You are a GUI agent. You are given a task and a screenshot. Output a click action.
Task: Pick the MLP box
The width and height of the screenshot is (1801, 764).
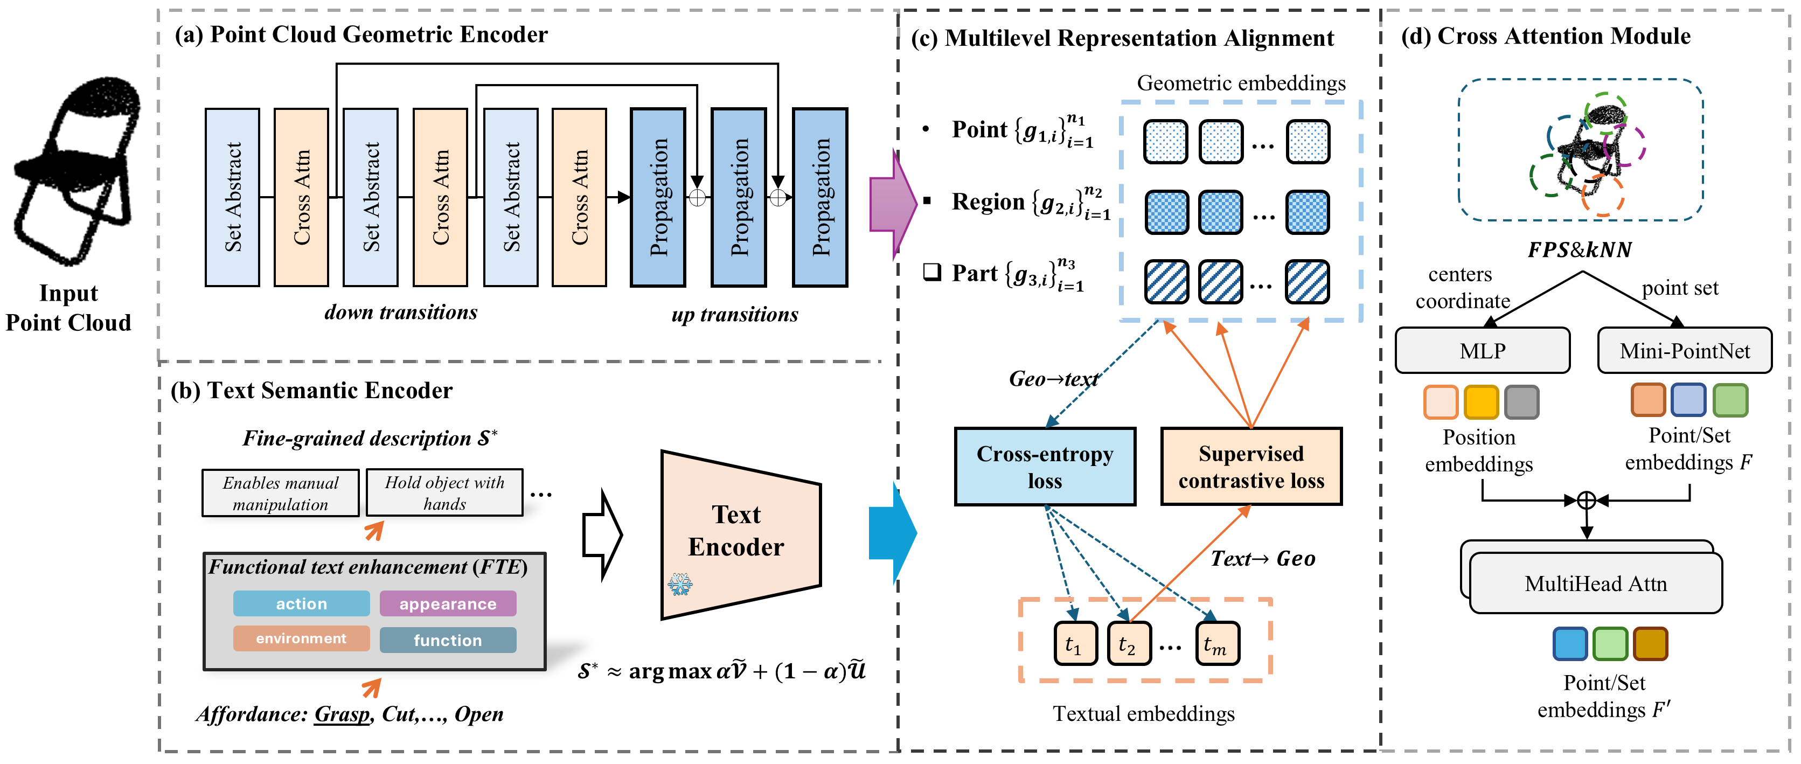pos(1482,351)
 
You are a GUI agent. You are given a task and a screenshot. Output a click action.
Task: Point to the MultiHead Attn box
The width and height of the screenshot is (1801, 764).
pos(1595,584)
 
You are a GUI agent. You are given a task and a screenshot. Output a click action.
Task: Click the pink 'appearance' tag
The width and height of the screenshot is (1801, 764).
pos(448,604)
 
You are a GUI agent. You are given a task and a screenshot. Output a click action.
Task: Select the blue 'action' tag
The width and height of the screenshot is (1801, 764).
pos(301,604)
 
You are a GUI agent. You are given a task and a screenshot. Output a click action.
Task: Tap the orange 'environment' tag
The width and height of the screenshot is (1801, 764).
pos(301,638)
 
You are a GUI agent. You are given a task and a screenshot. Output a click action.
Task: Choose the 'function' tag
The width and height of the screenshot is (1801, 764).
pos(448,640)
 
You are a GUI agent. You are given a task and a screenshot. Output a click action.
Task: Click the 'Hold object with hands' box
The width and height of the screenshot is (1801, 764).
pos(444,493)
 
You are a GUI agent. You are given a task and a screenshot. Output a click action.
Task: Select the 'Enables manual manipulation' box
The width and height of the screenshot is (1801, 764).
pos(280,494)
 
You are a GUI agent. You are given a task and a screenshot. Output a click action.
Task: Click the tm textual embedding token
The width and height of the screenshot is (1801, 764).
pos(1216,644)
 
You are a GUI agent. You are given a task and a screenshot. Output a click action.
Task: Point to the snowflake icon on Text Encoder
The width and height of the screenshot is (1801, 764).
pos(679,585)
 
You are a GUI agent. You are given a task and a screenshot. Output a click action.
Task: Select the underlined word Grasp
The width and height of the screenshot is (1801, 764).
pos(342,714)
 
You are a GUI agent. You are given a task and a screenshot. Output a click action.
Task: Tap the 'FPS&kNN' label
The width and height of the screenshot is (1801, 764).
pos(1580,249)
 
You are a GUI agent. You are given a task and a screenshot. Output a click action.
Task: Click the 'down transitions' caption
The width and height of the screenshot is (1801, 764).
pos(401,312)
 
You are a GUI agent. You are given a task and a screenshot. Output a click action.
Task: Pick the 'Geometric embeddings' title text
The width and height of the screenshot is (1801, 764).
pos(1241,83)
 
